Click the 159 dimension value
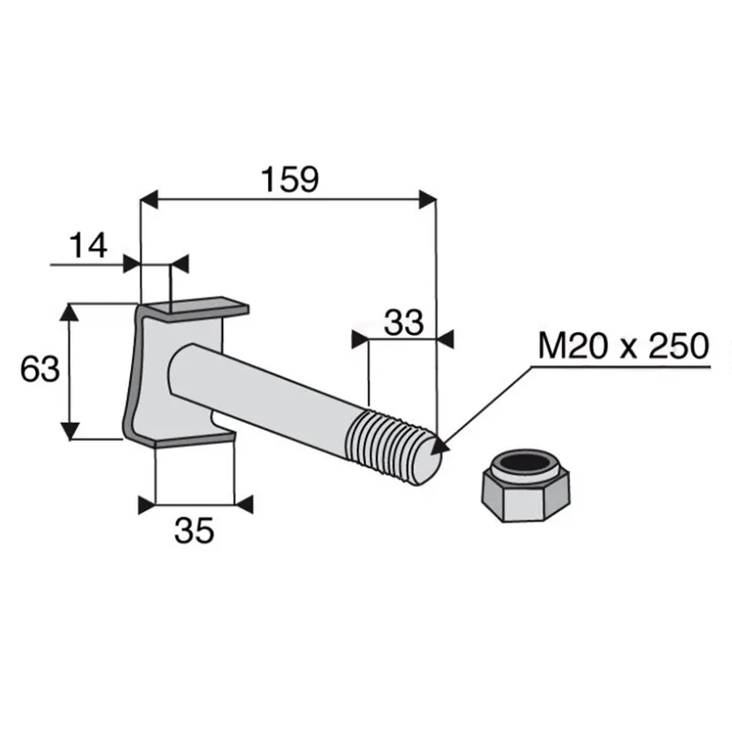(x=290, y=179)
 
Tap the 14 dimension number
(x=88, y=246)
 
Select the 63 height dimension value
(x=40, y=370)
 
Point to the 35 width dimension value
(x=194, y=531)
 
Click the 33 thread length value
(x=404, y=323)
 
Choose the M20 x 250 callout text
(x=624, y=346)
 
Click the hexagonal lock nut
(x=525, y=486)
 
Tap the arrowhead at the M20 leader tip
(x=439, y=446)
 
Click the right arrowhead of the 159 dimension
(x=427, y=199)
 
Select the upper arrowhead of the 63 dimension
(x=70, y=312)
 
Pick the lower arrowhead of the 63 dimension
(x=70, y=430)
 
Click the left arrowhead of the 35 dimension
(x=147, y=505)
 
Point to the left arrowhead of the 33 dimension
(x=360, y=339)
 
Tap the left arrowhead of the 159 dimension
(x=149, y=199)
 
